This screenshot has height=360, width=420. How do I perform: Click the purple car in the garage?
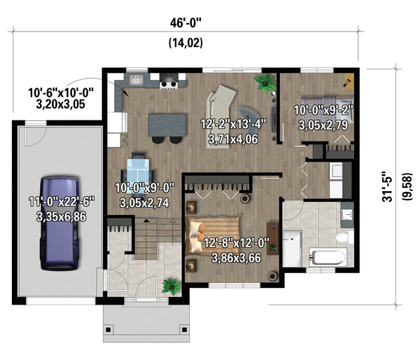59,223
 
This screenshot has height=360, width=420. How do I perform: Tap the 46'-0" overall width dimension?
185,23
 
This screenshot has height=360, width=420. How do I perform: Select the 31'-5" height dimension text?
387,186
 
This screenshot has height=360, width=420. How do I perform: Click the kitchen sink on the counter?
136,80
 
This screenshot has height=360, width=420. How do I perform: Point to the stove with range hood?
169,81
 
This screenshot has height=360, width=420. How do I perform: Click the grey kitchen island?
167,125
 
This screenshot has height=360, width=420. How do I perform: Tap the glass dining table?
138,171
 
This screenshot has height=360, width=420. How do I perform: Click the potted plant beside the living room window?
265,83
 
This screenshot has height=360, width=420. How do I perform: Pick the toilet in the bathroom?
345,237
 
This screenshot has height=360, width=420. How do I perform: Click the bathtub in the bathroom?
328,257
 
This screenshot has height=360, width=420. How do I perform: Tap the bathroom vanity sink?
347,214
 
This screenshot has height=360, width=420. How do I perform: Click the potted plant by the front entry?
171,286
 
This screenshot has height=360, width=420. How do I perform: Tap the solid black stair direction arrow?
146,221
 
